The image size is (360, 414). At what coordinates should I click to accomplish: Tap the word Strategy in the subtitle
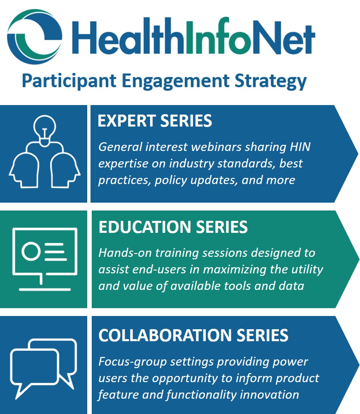tap(271, 81)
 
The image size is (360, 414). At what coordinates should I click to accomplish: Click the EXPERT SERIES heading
tap(155, 121)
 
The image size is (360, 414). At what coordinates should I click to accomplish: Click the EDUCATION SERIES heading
tap(173, 227)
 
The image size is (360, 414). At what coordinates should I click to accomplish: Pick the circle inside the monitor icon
tap(31, 251)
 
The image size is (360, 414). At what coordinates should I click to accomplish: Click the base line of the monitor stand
tap(45, 290)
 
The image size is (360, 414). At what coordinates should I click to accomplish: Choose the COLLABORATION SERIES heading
tap(193, 335)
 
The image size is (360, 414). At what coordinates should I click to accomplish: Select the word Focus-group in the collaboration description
tap(133, 362)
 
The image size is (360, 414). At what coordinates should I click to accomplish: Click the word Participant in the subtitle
tap(69, 81)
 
